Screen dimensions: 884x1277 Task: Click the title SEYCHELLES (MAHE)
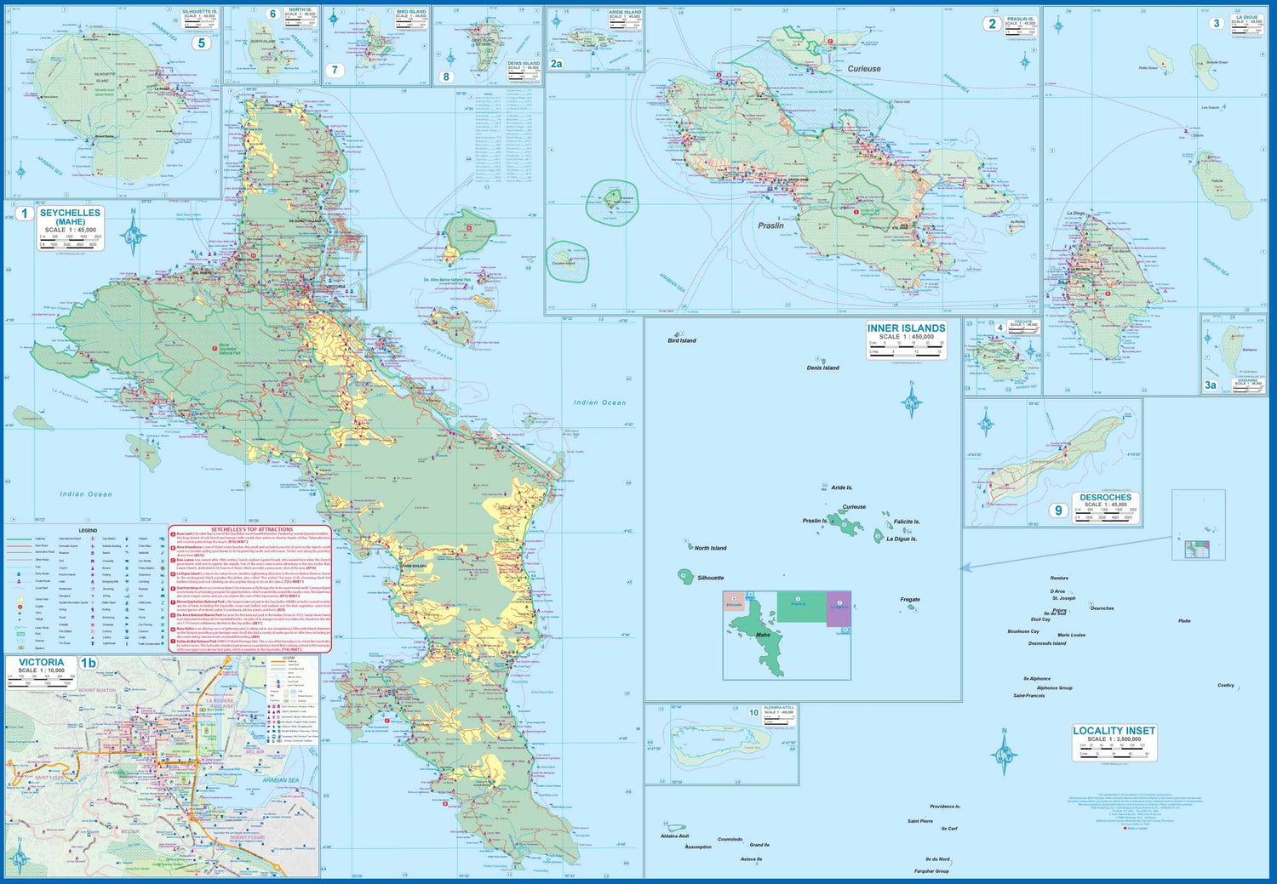(70, 217)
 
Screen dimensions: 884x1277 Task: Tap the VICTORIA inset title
(41, 662)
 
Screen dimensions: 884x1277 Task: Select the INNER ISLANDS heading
(906, 328)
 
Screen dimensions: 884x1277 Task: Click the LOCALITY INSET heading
(1114, 730)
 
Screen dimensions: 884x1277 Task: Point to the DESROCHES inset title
(1106, 497)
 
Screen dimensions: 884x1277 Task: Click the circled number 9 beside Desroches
(1058, 510)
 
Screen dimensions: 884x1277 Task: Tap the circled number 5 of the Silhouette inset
(201, 43)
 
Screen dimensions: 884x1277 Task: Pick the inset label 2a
(556, 64)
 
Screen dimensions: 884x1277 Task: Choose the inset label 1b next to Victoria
(89, 663)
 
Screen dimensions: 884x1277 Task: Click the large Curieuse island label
(864, 69)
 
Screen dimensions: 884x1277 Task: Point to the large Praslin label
(770, 225)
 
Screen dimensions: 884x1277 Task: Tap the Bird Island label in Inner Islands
(682, 340)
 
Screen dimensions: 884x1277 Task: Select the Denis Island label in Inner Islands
(822, 368)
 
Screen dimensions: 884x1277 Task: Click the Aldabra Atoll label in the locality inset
(674, 836)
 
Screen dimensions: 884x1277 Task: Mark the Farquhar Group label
(931, 870)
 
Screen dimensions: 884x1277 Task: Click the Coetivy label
(1225, 685)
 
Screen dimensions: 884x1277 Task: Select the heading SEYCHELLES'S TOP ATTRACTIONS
(252, 529)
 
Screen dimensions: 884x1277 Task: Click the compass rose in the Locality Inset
(1005, 752)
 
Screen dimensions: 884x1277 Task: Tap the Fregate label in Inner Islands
(910, 599)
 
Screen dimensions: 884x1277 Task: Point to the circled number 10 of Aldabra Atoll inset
(753, 713)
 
